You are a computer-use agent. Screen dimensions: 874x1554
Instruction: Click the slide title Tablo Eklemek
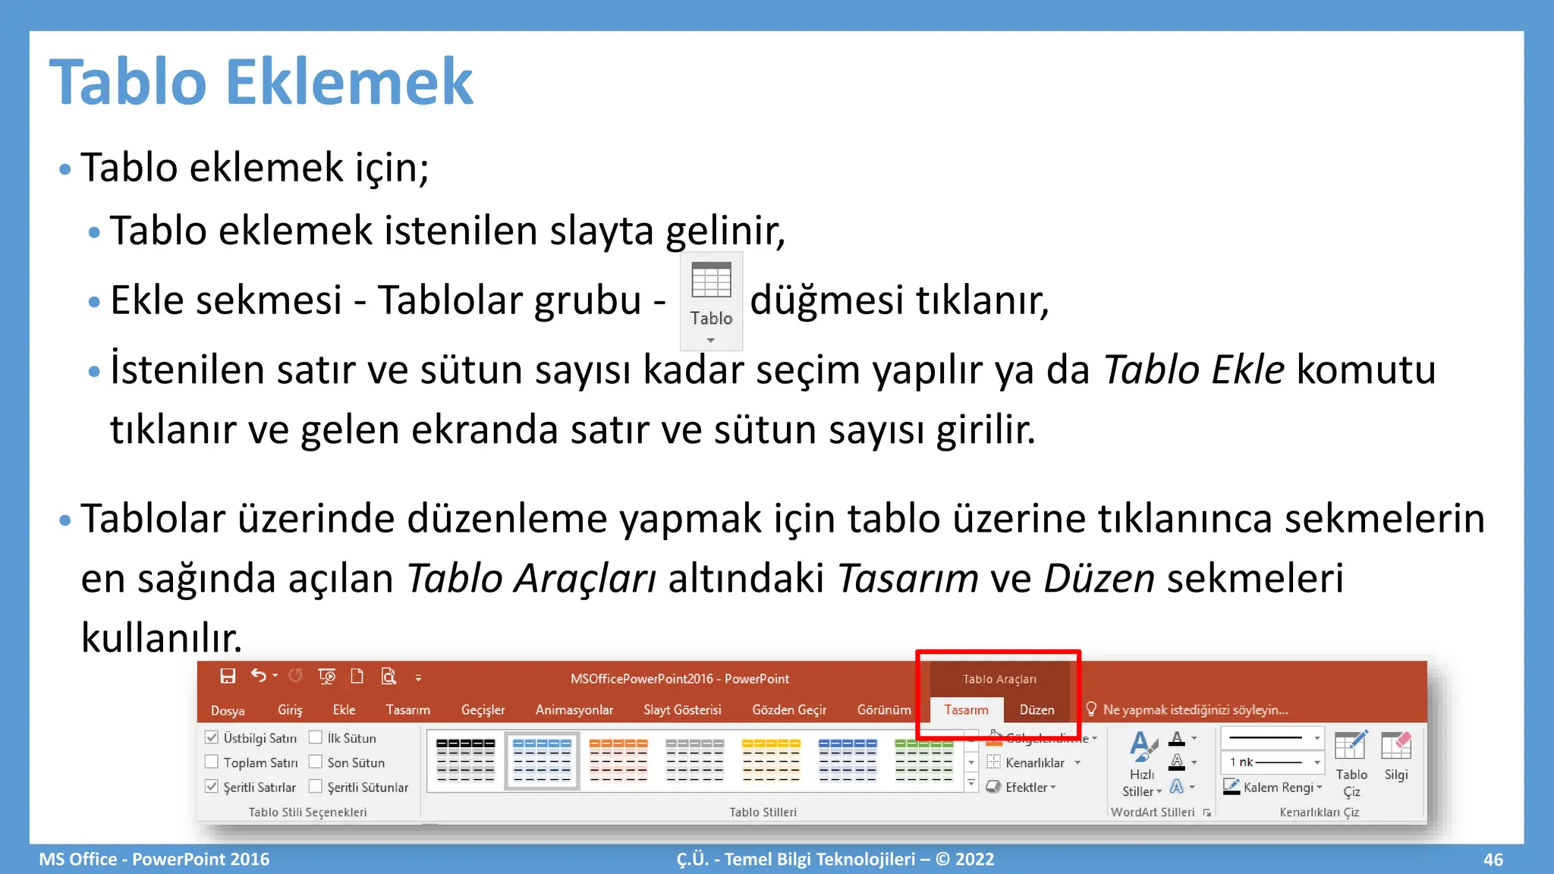point(261,82)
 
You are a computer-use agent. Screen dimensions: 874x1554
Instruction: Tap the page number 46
point(1493,860)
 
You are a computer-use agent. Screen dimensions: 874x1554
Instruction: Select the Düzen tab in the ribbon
point(1037,710)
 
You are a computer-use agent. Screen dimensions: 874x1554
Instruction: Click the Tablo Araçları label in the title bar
point(999,679)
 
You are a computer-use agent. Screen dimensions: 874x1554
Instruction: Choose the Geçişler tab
point(483,710)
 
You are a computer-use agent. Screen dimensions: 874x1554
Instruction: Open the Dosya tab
point(228,710)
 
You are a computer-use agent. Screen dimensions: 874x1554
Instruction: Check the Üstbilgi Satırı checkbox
point(212,737)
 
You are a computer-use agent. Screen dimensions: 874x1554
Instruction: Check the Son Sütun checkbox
point(316,762)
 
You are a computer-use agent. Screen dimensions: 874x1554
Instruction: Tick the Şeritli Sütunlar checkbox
point(316,787)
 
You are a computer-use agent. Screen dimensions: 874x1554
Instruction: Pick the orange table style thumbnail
point(618,760)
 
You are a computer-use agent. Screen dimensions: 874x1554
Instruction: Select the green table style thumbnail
point(923,760)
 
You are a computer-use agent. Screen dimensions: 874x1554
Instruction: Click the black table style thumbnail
point(466,760)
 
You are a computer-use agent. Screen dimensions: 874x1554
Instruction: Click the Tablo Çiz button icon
point(1351,747)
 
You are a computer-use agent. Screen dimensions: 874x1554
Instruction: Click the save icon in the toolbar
point(228,676)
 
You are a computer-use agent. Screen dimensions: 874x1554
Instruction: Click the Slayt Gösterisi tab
point(682,710)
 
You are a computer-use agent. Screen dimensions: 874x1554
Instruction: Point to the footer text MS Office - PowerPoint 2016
point(154,860)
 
